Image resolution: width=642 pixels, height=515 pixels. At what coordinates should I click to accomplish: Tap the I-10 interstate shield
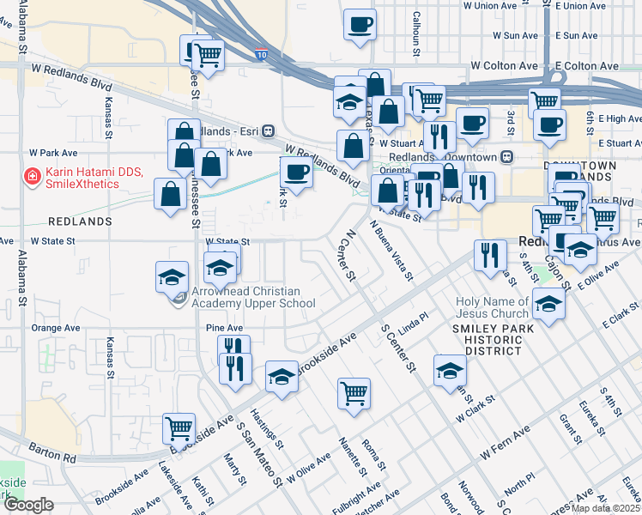point(261,55)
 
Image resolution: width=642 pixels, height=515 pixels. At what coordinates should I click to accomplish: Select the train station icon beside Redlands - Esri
point(269,130)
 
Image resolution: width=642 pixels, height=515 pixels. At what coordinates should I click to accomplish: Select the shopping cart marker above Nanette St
point(354,394)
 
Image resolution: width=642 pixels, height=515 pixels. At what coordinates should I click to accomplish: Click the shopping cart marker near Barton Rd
point(179,427)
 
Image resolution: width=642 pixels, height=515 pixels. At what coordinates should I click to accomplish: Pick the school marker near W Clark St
point(449,371)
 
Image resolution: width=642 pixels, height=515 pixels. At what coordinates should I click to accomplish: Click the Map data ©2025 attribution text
point(604,507)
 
